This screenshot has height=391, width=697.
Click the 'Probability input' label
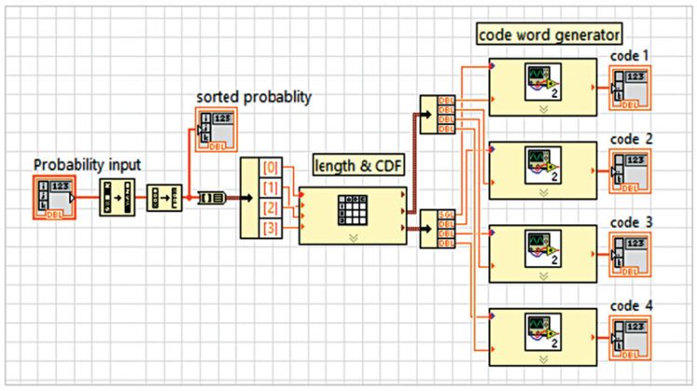(87, 165)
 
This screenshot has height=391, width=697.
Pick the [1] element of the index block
(270, 189)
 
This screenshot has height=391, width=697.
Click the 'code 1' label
(629, 56)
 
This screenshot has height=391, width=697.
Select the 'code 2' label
(630, 139)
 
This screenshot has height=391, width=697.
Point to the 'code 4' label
(630, 305)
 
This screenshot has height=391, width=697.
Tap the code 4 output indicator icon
(630, 337)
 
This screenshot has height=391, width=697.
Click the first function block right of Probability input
(116, 198)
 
